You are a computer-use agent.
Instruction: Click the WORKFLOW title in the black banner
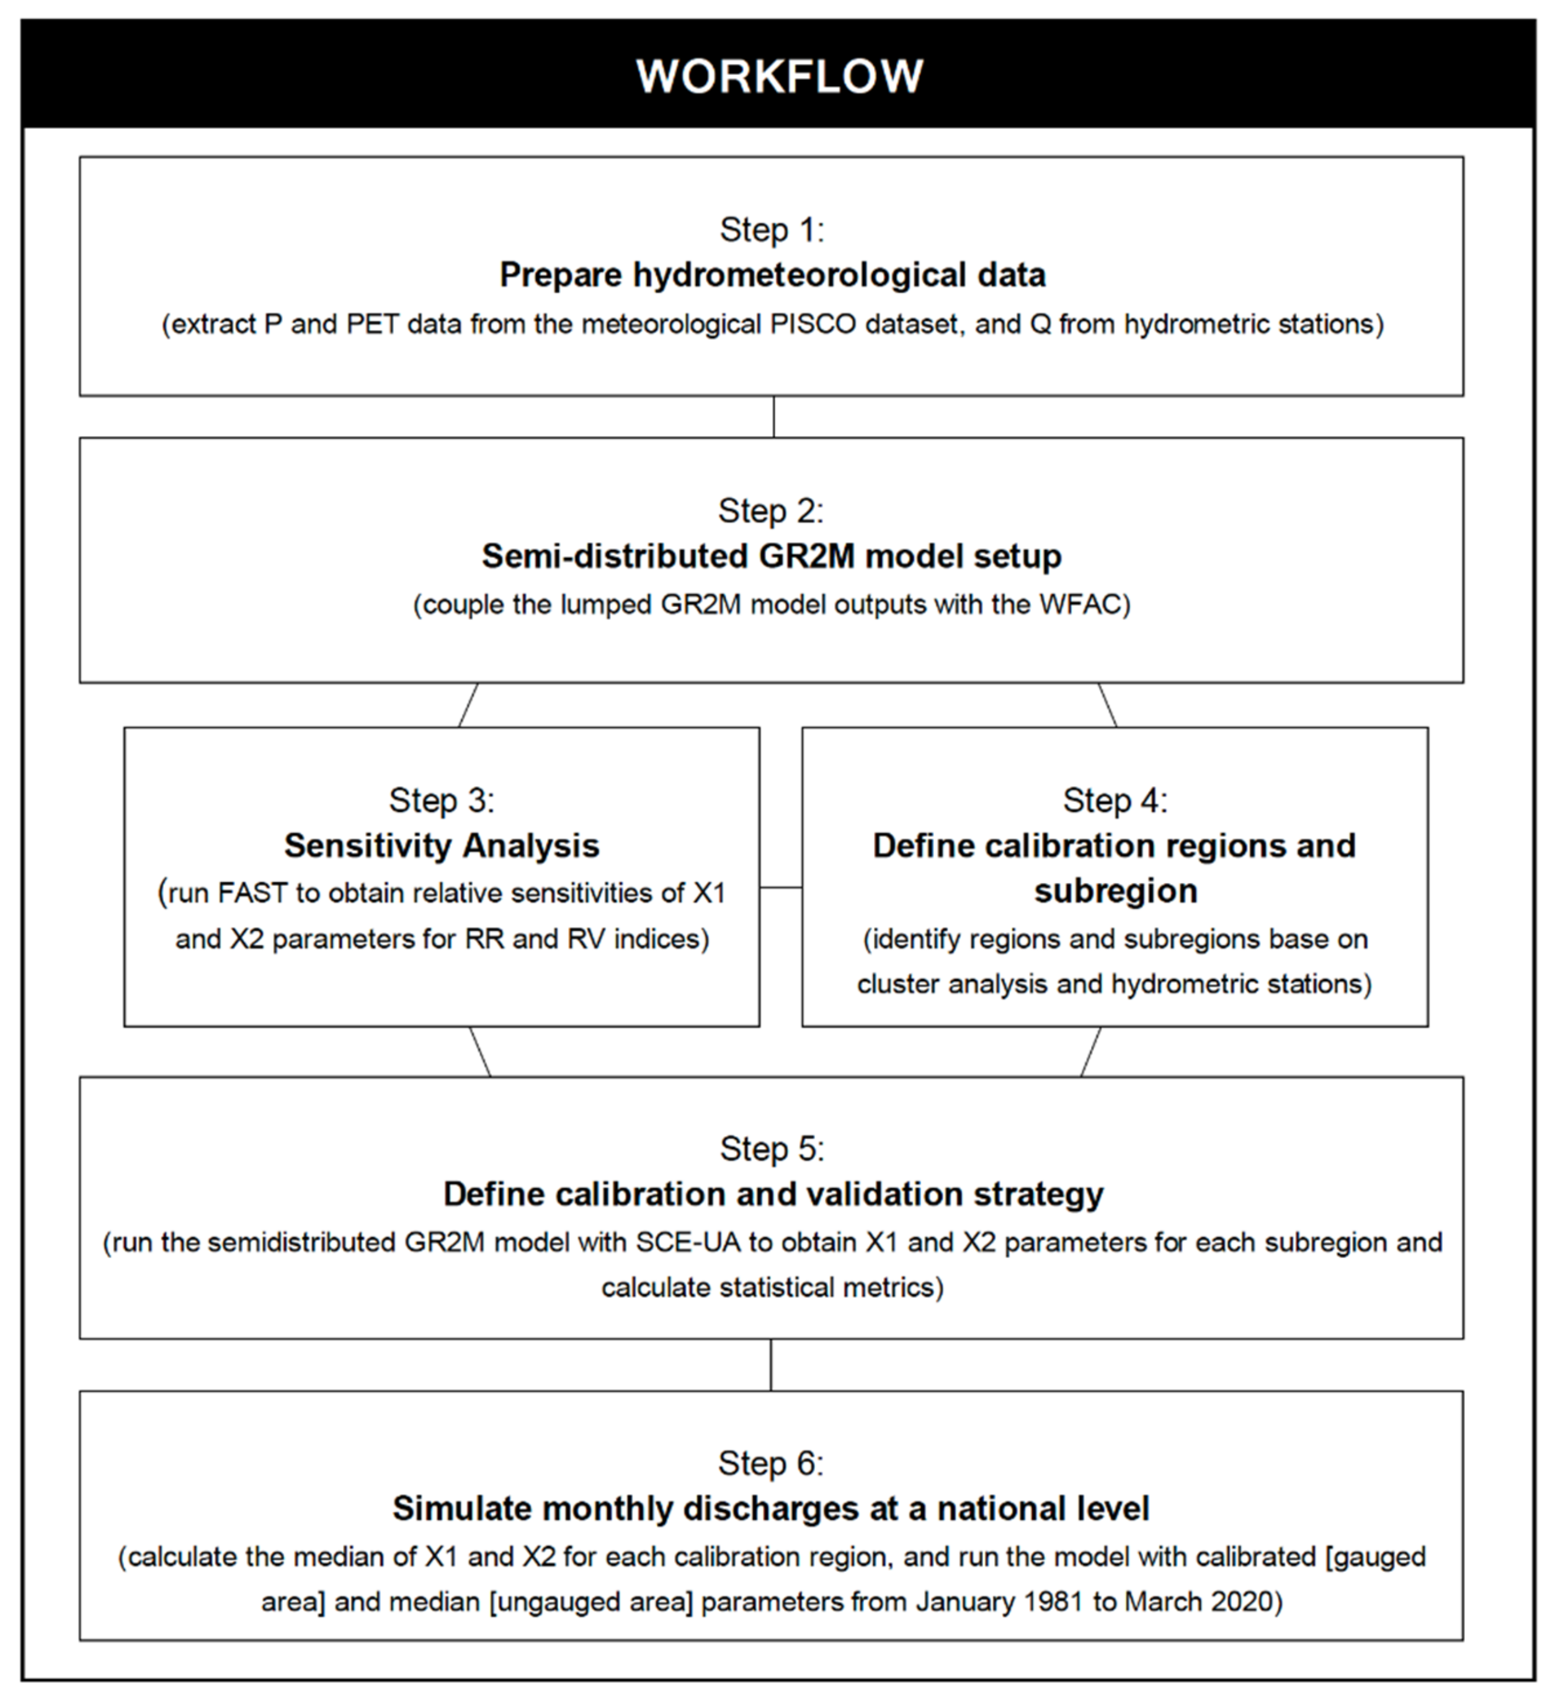pos(779,76)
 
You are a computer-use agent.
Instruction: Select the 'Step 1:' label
pos(772,230)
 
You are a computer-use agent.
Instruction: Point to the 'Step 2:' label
pos(770,511)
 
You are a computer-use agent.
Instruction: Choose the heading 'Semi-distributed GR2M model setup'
pos(772,556)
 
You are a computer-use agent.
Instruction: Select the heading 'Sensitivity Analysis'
pos(442,846)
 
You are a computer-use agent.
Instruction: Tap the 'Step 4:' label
pos(1115,800)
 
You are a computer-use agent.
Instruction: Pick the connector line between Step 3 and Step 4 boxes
pos(781,887)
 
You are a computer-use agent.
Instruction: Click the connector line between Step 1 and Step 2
pos(774,416)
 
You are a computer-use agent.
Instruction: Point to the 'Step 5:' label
pos(772,1148)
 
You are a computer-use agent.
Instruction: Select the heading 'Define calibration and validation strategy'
pos(773,1194)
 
